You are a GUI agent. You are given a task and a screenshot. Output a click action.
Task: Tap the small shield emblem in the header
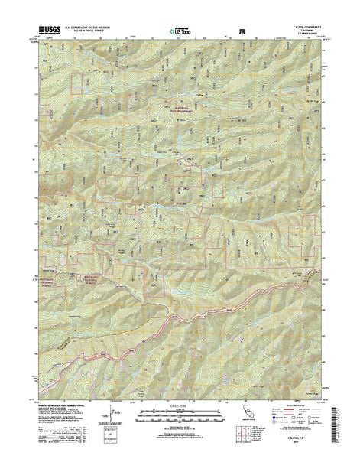coord(242,31)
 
